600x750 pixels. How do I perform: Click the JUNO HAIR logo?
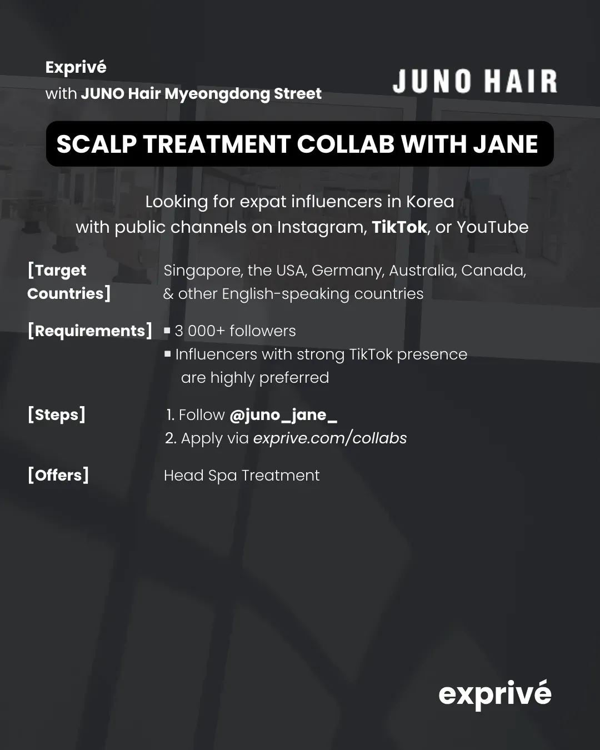pyautogui.click(x=474, y=81)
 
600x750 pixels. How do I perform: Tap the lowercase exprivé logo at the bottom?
pyautogui.click(x=495, y=694)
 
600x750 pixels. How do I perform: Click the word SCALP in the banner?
pyautogui.click(x=97, y=144)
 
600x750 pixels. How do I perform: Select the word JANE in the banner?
pyautogui.click(x=506, y=144)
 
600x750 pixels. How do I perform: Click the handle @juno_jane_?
pyautogui.click(x=283, y=415)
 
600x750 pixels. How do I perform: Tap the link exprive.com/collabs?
pyautogui.click(x=330, y=438)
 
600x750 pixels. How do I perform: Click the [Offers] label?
pyautogui.click(x=58, y=475)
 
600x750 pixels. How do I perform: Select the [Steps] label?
pyautogui.click(x=57, y=415)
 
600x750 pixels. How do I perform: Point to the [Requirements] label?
pyautogui.click(x=90, y=331)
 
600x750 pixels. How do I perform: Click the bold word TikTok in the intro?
pyautogui.click(x=399, y=227)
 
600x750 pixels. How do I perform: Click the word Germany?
pyautogui.click(x=348, y=271)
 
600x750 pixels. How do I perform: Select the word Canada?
pyautogui.click(x=493, y=271)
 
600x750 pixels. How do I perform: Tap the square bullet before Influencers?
pyautogui.click(x=168, y=354)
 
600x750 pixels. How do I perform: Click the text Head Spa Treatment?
pyautogui.click(x=242, y=476)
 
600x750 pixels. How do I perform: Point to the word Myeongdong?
pyautogui.click(x=217, y=94)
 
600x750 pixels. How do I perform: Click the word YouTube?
pyautogui.click(x=493, y=227)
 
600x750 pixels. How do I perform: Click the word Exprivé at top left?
pyautogui.click(x=76, y=67)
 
